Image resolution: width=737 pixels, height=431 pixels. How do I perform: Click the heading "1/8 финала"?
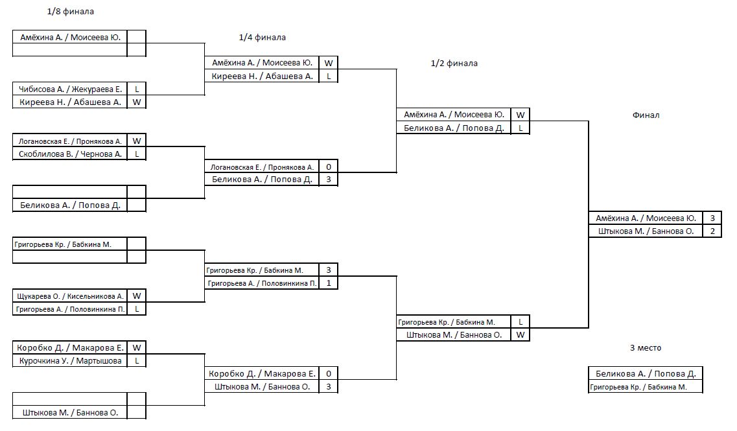(x=71, y=11)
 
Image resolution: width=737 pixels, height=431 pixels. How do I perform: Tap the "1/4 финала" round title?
(x=263, y=37)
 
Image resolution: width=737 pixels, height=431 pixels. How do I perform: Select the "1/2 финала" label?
(x=454, y=63)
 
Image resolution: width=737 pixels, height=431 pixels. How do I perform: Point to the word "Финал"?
(x=646, y=115)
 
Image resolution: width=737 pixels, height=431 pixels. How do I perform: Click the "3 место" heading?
(x=646, y=348)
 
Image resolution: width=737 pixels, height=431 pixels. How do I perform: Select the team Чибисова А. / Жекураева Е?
(x=70, y=89)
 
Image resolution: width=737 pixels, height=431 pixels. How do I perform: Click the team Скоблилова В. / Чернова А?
(x=70, y=154)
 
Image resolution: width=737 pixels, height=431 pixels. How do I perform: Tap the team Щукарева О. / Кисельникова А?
(x=70, y=296)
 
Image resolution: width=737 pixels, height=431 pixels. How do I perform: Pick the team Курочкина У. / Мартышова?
(x=70, y=361)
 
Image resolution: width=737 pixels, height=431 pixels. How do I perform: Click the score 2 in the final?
(x=712, y=231)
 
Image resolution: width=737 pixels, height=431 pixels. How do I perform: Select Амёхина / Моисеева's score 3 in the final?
(x=712, y=218)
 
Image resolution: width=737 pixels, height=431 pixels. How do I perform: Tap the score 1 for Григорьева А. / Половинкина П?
(x=329, y=283)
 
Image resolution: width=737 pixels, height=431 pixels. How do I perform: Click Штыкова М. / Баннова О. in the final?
(x=646, y=231)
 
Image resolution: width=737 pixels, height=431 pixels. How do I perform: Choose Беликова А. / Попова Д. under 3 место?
(x=646, y=374)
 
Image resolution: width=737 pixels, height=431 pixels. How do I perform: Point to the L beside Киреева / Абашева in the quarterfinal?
(x=329, y=76)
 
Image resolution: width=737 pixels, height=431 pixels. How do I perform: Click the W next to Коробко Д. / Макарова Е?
(x=137, y=348)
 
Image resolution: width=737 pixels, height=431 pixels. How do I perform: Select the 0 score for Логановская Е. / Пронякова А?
(x=329, y=167)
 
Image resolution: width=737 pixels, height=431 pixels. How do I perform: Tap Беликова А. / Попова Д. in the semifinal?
(x=454, y=128)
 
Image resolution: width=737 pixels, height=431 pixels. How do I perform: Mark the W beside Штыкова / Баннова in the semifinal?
(x=521, y=334)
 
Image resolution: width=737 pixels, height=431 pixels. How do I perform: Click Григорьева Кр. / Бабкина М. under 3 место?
(x=638, y=387)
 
